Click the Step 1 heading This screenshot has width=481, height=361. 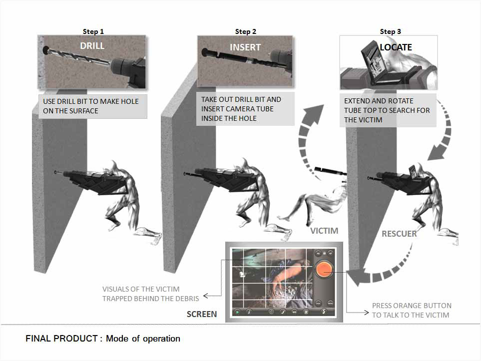click(93, 31)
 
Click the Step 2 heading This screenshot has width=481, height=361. click(245, 31)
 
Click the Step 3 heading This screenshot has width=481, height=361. click(390, 31)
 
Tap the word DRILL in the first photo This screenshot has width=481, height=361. click(92, 46)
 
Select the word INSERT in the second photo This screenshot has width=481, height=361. click(245, 47)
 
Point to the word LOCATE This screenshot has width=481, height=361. click(396, 47)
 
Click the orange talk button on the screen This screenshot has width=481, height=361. click(324, 268)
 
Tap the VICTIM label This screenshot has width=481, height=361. click(324, 231)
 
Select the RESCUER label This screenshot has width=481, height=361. click(399, 234)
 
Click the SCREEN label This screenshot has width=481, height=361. click(202, 314)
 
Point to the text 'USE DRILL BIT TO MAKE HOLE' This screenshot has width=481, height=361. click(91, 101)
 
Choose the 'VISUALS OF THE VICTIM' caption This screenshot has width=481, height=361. click(141, 289)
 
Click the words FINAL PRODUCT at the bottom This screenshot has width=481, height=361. click(61, 339)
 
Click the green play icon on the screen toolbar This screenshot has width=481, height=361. click(237, 312)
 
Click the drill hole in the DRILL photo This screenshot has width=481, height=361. click(46, 50)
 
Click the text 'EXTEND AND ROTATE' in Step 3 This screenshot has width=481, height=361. click(379, 101)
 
